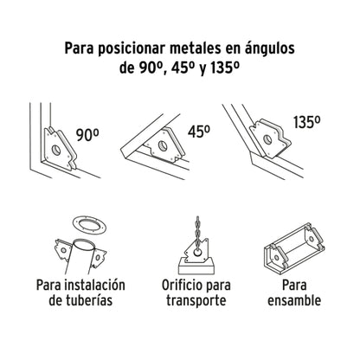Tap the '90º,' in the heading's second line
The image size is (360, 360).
[x=154, y=71]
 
